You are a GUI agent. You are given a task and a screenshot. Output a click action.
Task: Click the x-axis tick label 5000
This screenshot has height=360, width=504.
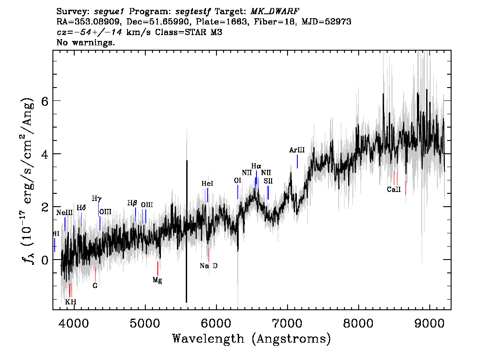pyautogui.click(x=145, y=323)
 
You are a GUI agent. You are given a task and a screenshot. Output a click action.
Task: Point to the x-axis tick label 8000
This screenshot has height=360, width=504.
pyautogui.click(x=358, y=323)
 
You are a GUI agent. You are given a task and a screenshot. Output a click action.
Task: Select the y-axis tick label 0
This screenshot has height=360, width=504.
pyautogui.click(x=45, y=260)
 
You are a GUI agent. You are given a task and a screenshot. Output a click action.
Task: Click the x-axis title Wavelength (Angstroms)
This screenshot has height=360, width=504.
pyautogui.click(x=252, y=339)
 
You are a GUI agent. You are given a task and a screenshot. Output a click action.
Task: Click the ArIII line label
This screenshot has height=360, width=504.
pyautogui.click(x=297, y=150)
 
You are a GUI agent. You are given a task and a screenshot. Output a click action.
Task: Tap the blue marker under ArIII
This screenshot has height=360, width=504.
pyautogui.click(x=297, y=161)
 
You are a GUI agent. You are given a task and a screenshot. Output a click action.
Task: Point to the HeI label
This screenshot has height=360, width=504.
pyautogui.click(x=207, y=184)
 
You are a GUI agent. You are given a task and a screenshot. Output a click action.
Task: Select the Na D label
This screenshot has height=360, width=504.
pyautogui.click(x=208, y=266)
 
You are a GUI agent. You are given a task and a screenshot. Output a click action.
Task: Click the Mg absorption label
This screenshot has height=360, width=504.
pyautogui.click(x=157, y=280)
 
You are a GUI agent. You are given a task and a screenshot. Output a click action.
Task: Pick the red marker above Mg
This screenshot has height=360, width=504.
pyautogui.click(x=157, y=268)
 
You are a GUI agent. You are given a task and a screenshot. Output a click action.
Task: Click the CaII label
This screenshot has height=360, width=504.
pyautogui.click(x=394, y=189)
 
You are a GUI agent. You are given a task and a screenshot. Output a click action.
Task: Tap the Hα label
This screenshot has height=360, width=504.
pyautogui.click(x=256, y=166)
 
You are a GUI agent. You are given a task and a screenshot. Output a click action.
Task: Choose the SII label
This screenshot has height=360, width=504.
pyautogui.click(x=268, y=181)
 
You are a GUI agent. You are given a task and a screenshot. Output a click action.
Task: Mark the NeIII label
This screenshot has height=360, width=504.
pyautogui.click(x=64, y=212)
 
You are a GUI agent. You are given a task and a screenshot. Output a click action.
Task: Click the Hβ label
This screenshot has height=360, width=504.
pyautogui.click(x=132, y=203)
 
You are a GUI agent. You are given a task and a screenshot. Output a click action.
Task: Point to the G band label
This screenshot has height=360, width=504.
pyautogui.click(x=95, y=285)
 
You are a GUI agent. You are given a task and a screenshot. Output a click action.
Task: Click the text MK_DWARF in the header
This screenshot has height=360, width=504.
pyautogui.click(x=275, y=12)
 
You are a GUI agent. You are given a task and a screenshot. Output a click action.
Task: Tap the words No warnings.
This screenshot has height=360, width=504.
pyautogui.click(x=86, y=42)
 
